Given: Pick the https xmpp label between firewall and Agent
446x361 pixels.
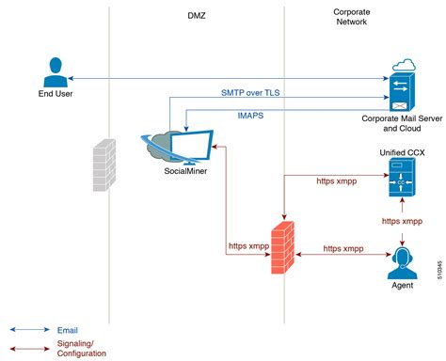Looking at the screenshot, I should pyautogui.click(x=345, y=248).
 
